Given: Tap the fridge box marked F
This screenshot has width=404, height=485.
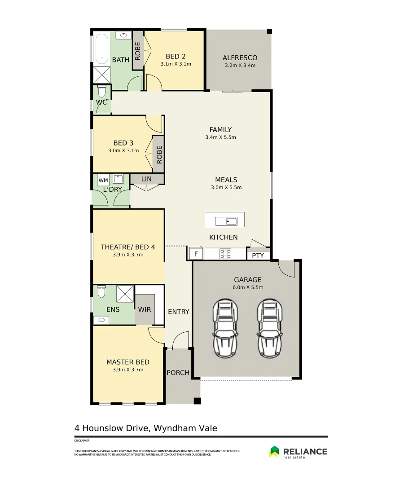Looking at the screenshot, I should (x=195, y=254).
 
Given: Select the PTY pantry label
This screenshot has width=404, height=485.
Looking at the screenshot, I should (x=258, y=256).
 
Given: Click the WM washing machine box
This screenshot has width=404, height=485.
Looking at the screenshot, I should (x=103, y=181).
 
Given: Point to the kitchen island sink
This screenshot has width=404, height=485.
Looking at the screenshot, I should (x=226, y=220).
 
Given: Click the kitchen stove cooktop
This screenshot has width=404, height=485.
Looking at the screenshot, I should (x=225, y=254).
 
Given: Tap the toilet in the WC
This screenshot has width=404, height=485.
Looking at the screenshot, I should (x=102, y=92).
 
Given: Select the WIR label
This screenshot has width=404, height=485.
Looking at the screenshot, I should (x=145, y=309).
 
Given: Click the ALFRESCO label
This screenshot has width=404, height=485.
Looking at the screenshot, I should (x=240, y=57).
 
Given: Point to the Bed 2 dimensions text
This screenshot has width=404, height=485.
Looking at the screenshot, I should (x=176, y=64).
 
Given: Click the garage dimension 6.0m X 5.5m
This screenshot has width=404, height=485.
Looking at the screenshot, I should (x=247, y=287).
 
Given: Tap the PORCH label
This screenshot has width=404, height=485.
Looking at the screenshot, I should (x=178, y=373).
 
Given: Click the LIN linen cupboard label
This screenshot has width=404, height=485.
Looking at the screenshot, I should (x=146, y=179).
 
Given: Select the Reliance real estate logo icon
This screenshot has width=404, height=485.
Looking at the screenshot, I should (x=274, y=451).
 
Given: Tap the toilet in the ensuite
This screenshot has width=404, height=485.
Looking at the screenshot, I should (x=102, y=292).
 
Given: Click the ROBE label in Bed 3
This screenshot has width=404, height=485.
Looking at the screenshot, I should (x=159, y=154).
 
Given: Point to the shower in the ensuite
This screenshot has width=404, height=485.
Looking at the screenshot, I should (x=125, y=294).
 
